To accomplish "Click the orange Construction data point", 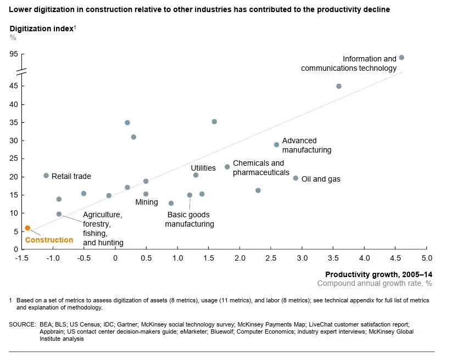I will (x=27, y=228).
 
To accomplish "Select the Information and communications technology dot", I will (x=401, y=58).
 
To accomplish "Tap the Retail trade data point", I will (x=46, y=176).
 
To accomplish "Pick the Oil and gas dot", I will (x=295, y=178).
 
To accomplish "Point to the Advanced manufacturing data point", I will (x=277, y=145).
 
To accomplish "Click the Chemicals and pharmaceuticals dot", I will (x=227, y=167).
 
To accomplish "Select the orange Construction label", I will (x=49, y=240).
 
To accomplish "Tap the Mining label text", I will (x=147, y=203).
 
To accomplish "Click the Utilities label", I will (x=203, y=168).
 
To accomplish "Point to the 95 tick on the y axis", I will (x=13, y=54).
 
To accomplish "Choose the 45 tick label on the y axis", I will (x=13, y=86).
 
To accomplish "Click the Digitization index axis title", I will (x=41, y=29).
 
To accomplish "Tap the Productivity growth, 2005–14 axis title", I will (x=378, y=274).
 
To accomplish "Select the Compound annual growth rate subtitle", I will (x=375, y=283).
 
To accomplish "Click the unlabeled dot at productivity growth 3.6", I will (x=339, y=86).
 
